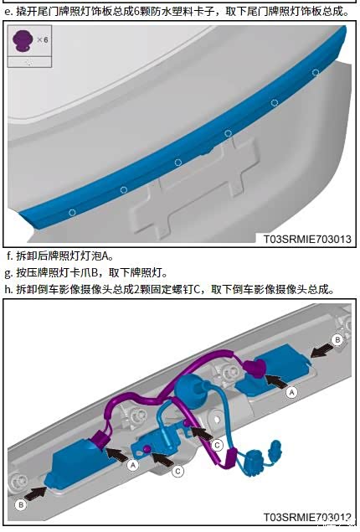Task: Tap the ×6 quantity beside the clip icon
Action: click(x=43, y=39)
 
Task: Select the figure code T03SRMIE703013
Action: click(x=307, y=239)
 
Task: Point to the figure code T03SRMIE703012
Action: click(x=307, y=517)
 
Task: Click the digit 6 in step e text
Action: click(x=136, y=12)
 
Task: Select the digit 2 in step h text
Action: click(x=136, y=289)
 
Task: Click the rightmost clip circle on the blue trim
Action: click(x=316, y=72)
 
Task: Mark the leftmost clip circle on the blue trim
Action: click(x=72, y=213)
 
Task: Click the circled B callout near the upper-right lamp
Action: click(x=337, y=339)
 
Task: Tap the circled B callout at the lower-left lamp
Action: click(x=21, y=505)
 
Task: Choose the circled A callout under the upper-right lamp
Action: click(x=291, y=393)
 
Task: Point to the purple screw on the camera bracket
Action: click(x=147, y=448)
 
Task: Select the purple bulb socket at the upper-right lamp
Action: click(x=255, y=369)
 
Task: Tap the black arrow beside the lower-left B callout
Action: click(x=36, y=493)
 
